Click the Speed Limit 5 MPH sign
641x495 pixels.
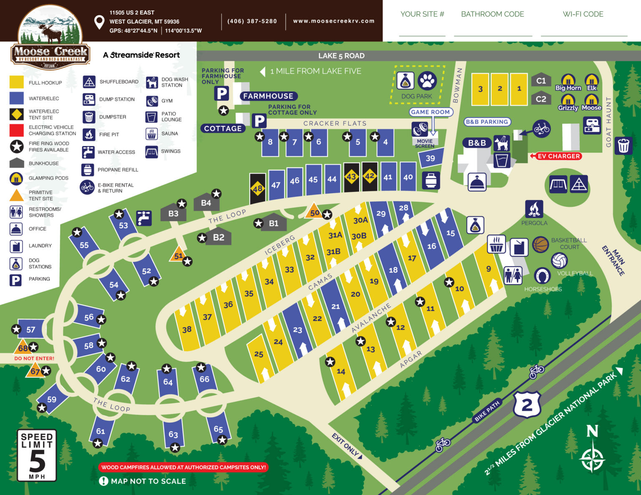point(37,455)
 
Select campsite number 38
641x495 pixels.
point(187,329)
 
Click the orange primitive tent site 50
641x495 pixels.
point(314,212)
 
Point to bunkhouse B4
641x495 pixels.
point(206,202)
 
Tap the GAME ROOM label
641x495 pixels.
point(430,112)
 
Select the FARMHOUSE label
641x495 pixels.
point(268,96)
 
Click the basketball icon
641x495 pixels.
point(540,245)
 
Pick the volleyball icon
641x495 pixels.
point(559,261)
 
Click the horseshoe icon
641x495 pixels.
point(542,276)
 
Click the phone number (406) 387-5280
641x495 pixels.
point(252,21)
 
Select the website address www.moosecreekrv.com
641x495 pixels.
point(333,21)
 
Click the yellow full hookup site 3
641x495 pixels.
point(480,89)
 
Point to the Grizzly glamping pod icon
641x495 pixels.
point(568,100)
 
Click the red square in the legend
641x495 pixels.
point(17,130)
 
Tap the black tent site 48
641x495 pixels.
point(257,188)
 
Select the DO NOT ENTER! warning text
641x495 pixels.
point(34,358)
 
